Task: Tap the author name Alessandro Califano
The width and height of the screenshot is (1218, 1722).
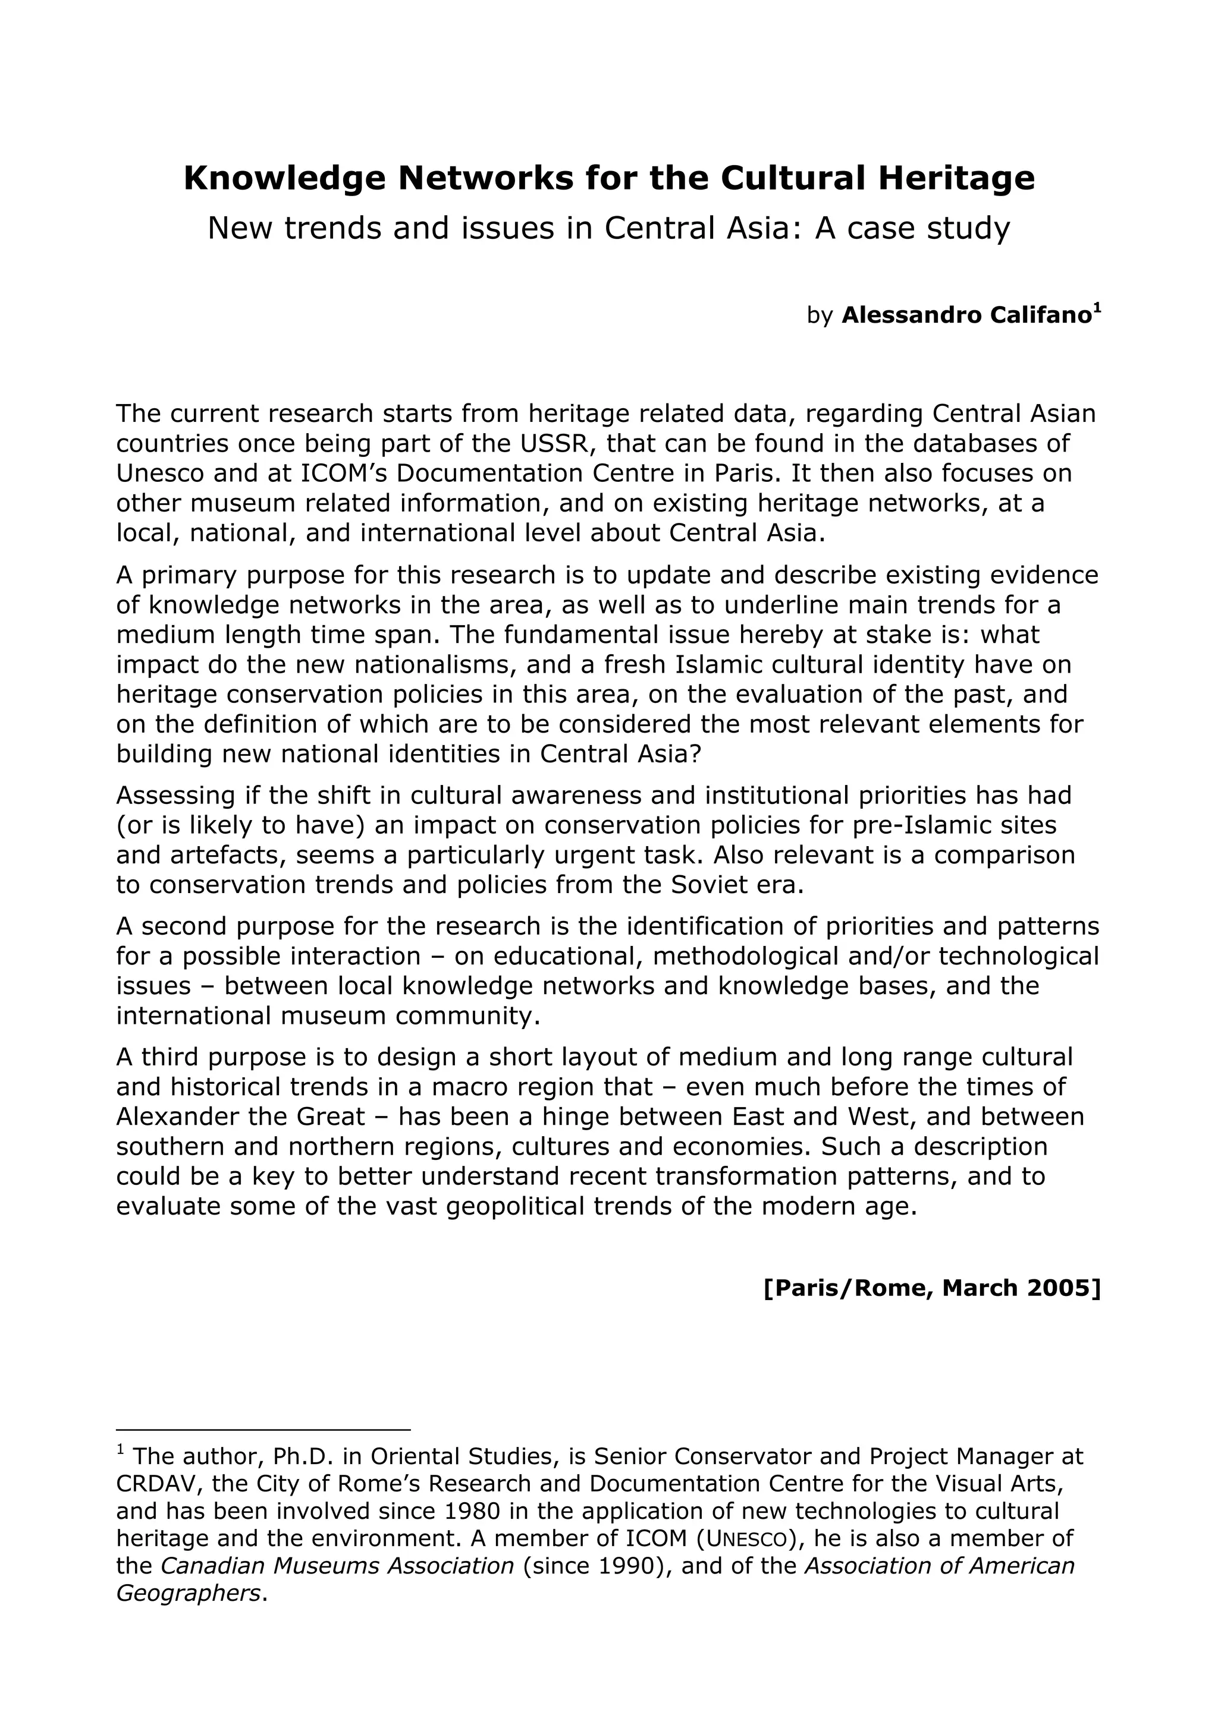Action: pyautogui.click(x=966, y=316)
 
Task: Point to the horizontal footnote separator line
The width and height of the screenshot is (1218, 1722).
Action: pyautogui.click(x=263, y=1430)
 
